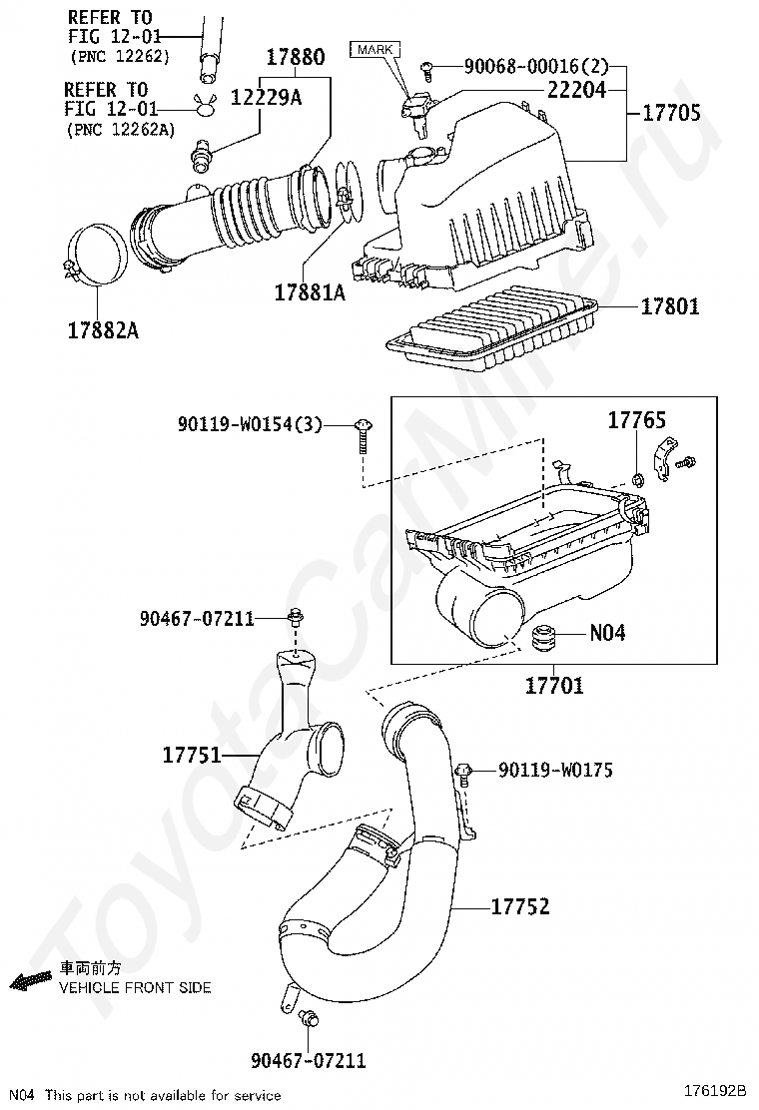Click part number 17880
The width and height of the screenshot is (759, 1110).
(296, 57)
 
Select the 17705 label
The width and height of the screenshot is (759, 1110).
(671, 113)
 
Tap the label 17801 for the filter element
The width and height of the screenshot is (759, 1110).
(670, 306)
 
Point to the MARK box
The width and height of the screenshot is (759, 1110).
(375, 50)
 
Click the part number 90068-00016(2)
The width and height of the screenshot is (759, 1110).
(536, 67)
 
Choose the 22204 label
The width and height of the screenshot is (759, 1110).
(576, 90)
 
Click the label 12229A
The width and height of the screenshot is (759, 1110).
(267, 98)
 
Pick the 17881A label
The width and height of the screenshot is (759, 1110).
(311, 292)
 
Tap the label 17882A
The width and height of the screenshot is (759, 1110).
(104, 329)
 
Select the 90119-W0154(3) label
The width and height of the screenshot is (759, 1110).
(250, 425)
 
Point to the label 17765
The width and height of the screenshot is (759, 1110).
(637, 420)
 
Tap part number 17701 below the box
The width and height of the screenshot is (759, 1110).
(554, 685)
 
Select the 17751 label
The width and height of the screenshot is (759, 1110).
(193, 756)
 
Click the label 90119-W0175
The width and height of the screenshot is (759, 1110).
(556, 771)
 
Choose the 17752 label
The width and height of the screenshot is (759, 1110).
(520, 906)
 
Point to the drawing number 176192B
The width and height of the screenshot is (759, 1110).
(715, 1090)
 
